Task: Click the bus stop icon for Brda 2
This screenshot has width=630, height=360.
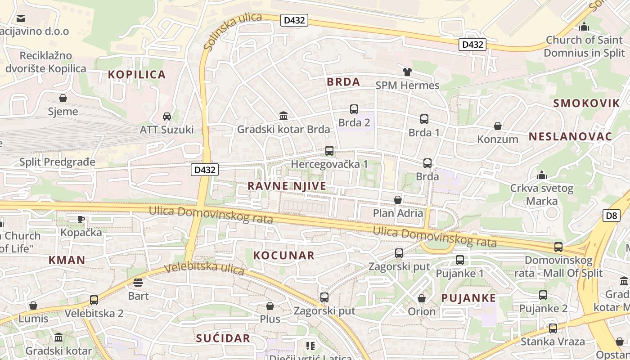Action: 354,109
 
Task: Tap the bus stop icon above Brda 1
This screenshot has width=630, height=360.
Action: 424,119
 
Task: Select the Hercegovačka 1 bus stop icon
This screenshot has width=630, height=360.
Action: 329,151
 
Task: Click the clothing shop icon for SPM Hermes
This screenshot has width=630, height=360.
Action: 407,72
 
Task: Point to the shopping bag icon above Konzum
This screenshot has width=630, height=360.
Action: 498,126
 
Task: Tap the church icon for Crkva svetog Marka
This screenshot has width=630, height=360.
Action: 542,175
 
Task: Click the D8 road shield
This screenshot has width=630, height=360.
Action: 612,215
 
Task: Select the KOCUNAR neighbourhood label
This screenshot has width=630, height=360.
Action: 283,255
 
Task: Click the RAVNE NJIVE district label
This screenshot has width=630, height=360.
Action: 287,186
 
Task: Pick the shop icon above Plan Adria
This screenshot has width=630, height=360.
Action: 398,199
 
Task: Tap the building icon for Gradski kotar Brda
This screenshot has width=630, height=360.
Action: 283,116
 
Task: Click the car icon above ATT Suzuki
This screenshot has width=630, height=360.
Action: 167,117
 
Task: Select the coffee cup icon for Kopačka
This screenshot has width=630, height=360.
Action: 81,219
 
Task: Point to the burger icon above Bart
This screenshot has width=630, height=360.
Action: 138,282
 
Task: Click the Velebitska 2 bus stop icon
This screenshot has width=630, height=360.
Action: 94,300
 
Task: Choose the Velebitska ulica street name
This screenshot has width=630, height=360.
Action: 204,269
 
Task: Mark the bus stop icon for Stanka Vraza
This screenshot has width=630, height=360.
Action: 553,328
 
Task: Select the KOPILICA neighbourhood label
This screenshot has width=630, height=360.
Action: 137,74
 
